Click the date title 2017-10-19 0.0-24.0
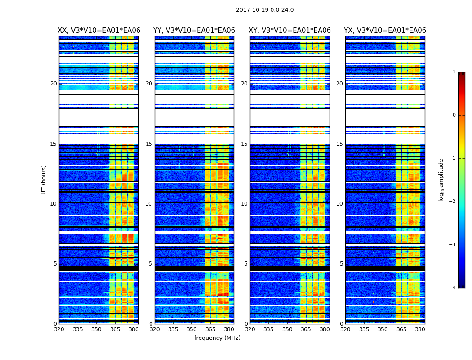(265, 10)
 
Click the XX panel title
(99, 31)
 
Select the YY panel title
(194, 31)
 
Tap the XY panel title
(290, 31)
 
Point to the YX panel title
(385, 31)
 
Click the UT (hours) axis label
(44, 180)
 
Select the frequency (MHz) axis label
(217, 338)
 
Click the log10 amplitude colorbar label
(441, 180)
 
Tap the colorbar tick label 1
(454, 72)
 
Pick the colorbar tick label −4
(453, 288)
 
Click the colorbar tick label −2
(453, 202)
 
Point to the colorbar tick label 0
(454, 115)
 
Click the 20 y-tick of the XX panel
(53, 84)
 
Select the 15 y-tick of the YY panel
(149, 144)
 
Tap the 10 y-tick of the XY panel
(244, 204)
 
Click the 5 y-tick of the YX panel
(341, 264)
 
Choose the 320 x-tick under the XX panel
(59, 329)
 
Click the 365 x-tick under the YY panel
(210, 329)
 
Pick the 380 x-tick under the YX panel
(420, 329)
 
